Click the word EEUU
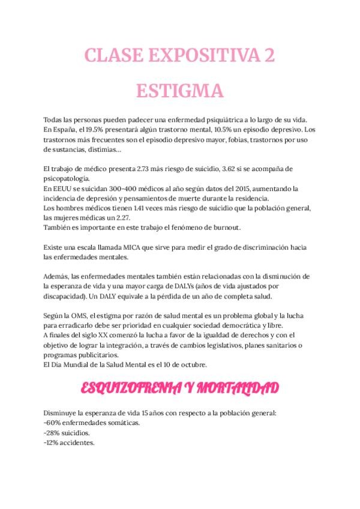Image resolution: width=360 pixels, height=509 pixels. [61, 188]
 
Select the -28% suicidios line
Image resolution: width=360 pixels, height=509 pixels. [67, 432]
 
